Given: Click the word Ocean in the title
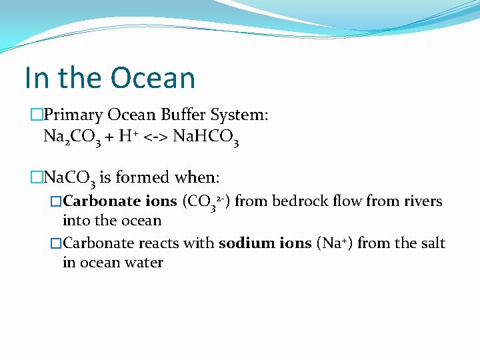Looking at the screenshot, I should [x=153, y=78].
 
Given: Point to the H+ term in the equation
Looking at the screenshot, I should [x=127, y=137].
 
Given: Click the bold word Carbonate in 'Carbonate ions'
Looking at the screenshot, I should [x=101, y=201].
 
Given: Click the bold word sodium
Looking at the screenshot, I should [x=242, y=243].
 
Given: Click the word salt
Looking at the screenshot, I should [x=433, y=243].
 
